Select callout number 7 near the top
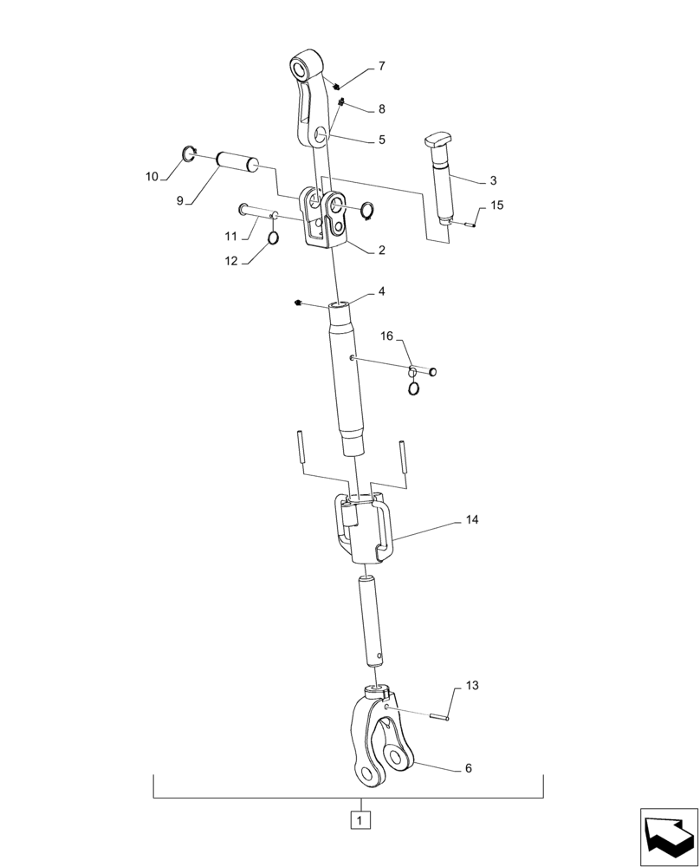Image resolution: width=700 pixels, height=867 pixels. point(381,66)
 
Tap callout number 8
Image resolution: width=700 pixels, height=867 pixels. point(381,109)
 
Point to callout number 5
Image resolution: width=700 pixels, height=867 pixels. point(381,139)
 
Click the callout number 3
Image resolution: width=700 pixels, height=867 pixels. point(493,180)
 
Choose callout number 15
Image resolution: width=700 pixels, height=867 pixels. point(496,205)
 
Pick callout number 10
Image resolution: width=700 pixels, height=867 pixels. point(152,177)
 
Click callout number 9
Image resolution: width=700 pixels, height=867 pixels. point(180,200)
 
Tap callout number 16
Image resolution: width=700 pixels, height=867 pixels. point(386,336)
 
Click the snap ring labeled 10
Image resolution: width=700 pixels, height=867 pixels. point(190,156)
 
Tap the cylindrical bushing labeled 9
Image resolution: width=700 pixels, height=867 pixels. point(237,161)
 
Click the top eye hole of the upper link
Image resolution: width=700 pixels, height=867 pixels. point(302,68)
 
